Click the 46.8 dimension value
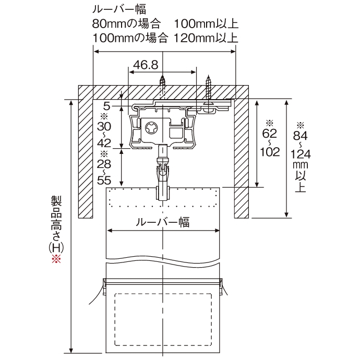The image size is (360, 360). click(x=146, y=65)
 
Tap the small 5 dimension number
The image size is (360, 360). click(x=107, y=106)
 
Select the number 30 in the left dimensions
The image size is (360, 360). click(x=104, y=126)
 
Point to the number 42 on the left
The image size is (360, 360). click(x=104, y=143)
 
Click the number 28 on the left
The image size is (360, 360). click(x=104, y=164)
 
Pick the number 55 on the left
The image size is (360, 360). click(x=104, y=181)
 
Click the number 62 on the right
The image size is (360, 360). click(x=270, y=133)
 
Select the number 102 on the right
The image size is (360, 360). click(x=270, y=152)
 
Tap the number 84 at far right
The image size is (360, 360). click(x=300, y=136)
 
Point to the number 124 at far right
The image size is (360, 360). click(x=301, y=154)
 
